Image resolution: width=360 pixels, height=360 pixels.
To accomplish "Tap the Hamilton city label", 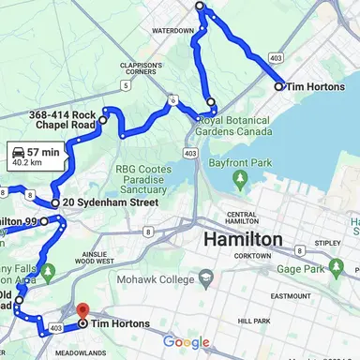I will [x=243, y=240].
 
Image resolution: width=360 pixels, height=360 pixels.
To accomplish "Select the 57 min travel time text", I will [x=44, y=151].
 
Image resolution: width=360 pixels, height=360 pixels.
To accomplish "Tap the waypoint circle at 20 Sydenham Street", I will [x=55, y=202].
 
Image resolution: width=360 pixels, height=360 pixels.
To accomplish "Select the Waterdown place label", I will [x=172, y=31].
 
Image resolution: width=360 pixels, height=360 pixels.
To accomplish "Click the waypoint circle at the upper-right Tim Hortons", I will [x=278, y=86].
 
